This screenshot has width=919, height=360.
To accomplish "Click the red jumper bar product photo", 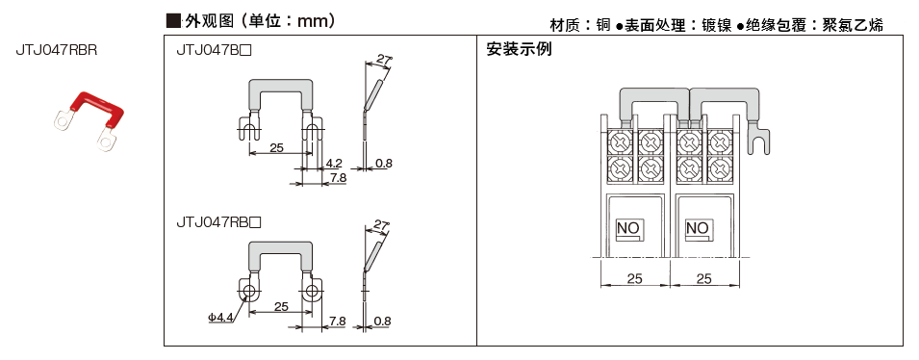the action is pos(89,120).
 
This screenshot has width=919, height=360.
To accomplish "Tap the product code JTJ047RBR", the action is pos(56,50).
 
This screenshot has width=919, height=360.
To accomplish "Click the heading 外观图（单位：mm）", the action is pos(252,22).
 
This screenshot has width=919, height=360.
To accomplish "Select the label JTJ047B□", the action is pos(214,52).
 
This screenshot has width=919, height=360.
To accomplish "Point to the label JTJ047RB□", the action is pos(218,222).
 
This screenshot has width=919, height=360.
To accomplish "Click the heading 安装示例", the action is pos(520,49).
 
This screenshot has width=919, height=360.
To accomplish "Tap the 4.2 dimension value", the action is pos(334,162).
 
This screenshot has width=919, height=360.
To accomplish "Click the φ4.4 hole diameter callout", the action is pos(220,318).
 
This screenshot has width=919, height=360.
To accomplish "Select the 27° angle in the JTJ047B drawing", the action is pos(384,60).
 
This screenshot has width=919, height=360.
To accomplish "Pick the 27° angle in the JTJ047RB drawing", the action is pos(381,224).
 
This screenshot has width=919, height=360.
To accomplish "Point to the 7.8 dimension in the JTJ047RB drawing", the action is pos(337,321).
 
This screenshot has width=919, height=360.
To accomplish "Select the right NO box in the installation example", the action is pos(697,229).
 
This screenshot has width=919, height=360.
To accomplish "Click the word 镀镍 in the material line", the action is pos(716,26).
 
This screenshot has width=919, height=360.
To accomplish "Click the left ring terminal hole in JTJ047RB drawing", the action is pos(248,291).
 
